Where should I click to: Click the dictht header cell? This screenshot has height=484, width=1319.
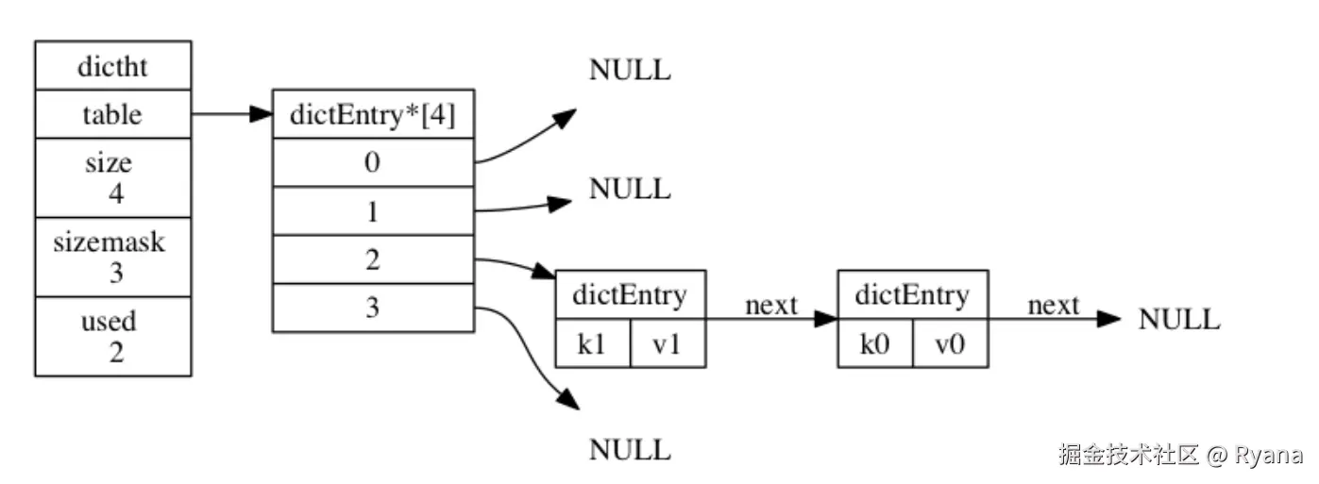pos(112,66)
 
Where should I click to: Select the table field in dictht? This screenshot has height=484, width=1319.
pos(112,115)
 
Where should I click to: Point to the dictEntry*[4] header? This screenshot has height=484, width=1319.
pos(373,115)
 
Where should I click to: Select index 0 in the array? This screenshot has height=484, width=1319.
pos(373,162)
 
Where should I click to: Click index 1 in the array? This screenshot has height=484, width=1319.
pos(373,210)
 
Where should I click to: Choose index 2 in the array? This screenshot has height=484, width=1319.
pos(373,259)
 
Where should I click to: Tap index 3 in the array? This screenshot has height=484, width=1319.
pos(373,308)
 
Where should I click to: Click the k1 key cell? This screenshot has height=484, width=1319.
pos(592,343)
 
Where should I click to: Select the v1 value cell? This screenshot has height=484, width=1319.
pos(668,343)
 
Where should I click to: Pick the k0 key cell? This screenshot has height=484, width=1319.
pos(875,343)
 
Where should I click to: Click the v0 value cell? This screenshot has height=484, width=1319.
pos(951,343)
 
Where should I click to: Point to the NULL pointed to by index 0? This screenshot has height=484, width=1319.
pos(630,71)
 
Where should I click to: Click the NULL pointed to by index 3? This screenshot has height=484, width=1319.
pos(630,450)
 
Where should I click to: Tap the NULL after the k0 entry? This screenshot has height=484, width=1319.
pos(1179,320)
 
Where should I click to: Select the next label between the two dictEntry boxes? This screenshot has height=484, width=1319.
pos(771,305)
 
